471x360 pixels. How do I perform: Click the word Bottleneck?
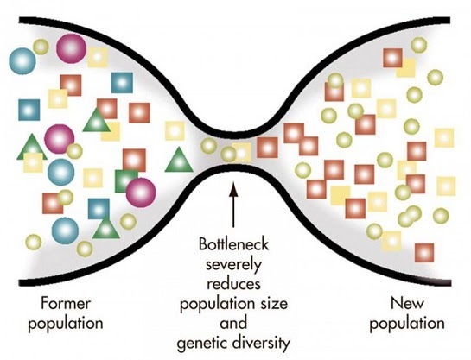(233, 244)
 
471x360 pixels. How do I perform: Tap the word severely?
(233, 264)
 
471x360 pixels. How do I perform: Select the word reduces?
(233, 284)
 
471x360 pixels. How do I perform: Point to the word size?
(274, 304)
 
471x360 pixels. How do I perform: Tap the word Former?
(65, 303)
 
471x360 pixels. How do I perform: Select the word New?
(407, 303)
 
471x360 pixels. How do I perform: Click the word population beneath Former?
(66, 324)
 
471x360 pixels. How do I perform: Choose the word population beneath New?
(407, 324)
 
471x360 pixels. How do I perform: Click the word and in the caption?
(233, 324)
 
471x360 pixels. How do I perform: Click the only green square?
(124, 181)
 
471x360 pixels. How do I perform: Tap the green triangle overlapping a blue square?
(105, 229)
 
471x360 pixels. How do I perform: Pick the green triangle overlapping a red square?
(97, 121)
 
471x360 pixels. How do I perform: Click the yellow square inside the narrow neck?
(242, 153)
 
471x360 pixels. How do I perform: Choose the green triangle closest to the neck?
(179, 161)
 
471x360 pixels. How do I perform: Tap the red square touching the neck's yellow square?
(267, 148)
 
